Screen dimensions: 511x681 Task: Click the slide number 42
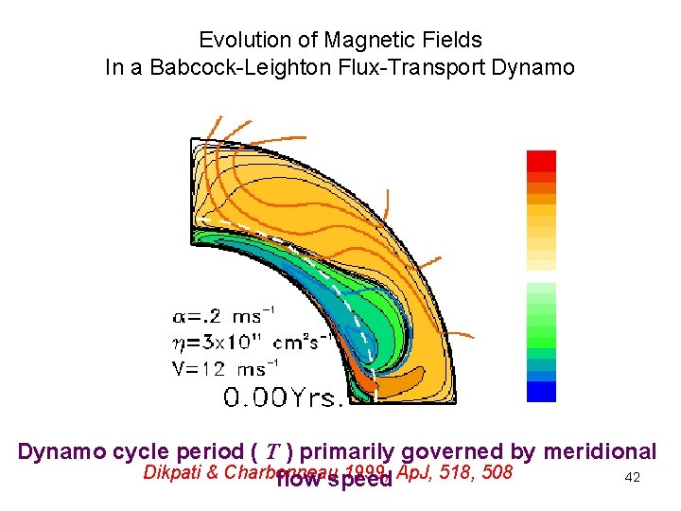pos(633,477)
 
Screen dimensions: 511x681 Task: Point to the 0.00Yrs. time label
pos(283,398)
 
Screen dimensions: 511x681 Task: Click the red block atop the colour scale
pos(541,160)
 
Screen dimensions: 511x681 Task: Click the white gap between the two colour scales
pos(541,277)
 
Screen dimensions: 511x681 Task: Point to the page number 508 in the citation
pos(497,471)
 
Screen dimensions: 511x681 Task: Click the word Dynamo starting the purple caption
pos(60,451)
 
